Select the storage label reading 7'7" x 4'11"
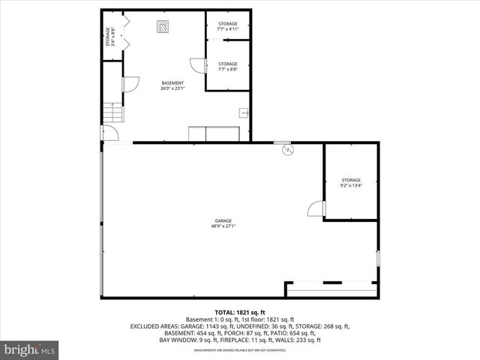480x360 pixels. (x=228, y=26)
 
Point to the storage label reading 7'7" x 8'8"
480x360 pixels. (x=228, y=67)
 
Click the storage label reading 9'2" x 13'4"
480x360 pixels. (x=351, y=182)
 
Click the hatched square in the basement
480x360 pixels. (x=163, y=27)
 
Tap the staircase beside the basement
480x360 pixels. (x=112, y=114)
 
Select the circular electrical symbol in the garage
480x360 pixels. (x=287, y=150)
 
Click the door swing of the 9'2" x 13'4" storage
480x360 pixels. (x=315, y=208)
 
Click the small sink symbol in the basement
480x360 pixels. (x=243, y=113)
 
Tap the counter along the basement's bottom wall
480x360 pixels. (x=214, y=133)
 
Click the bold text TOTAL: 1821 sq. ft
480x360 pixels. (x=240, y=312)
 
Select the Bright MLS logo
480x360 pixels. (x=30, y=349)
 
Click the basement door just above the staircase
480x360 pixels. (x=129, y=85)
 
